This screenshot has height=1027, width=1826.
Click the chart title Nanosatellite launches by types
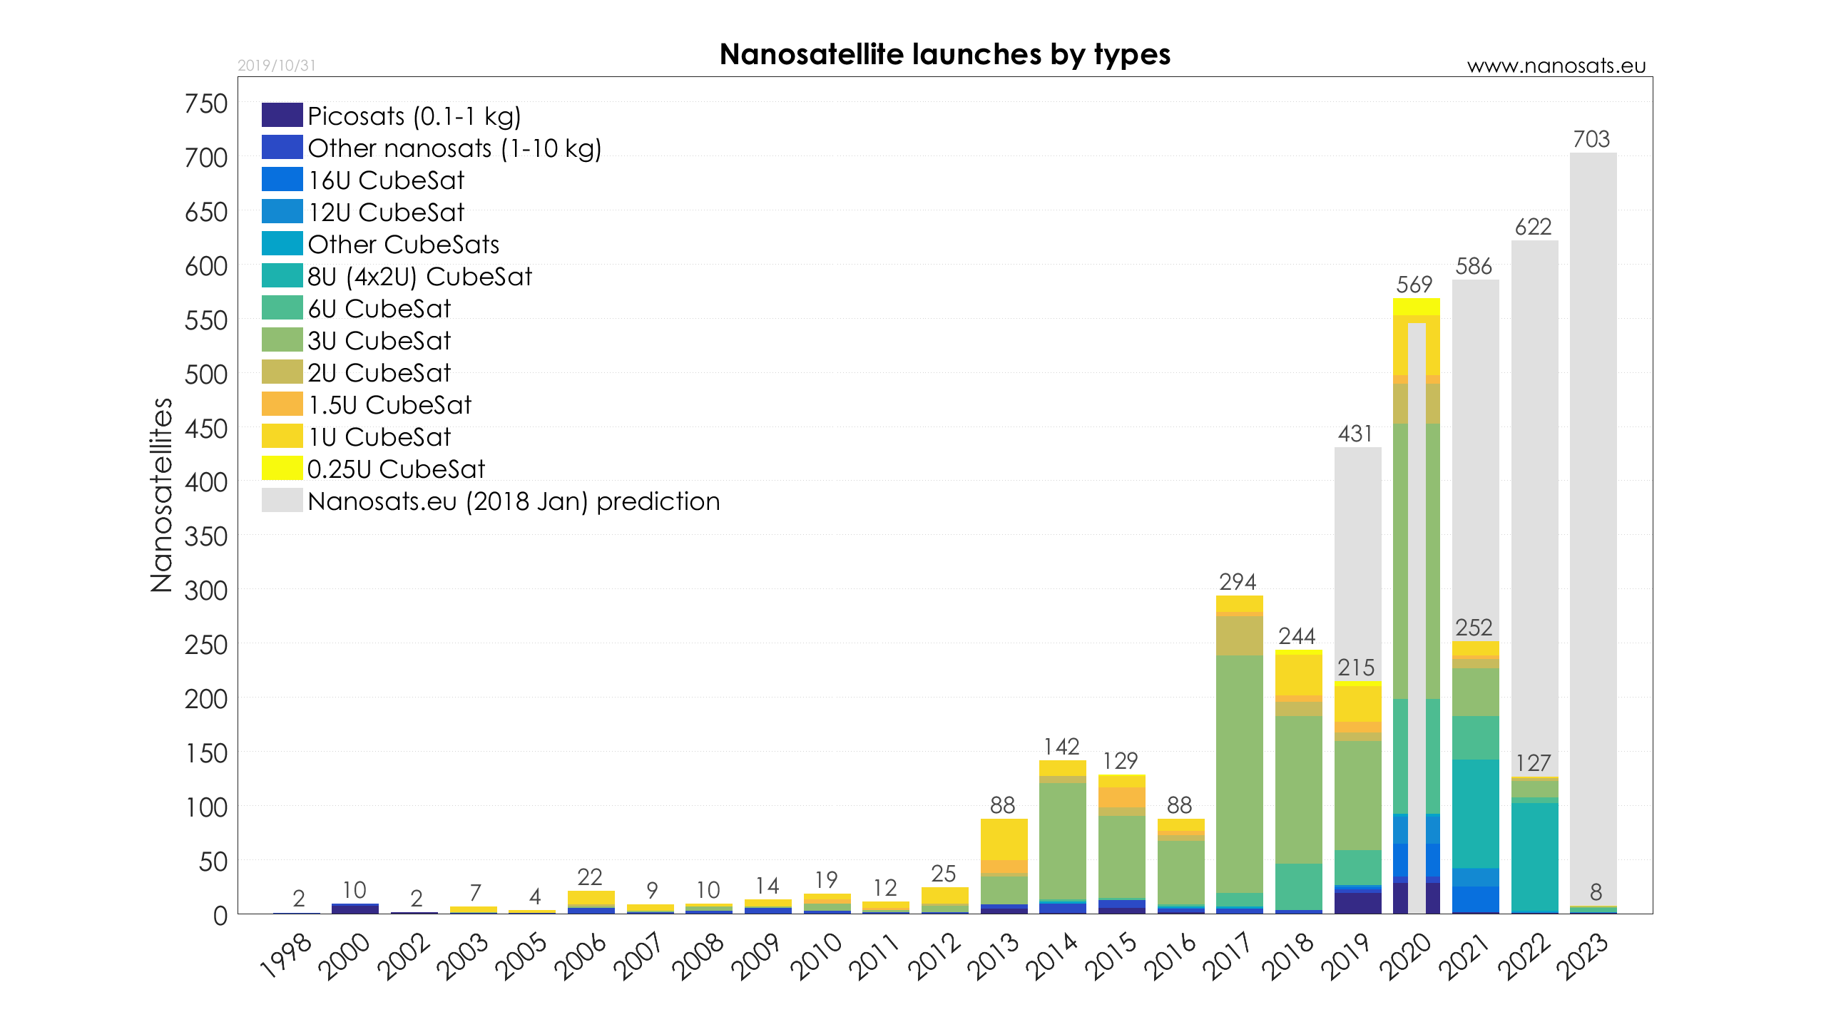click(x=944, y=55)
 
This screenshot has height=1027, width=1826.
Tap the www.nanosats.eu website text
click(x=1556, y=66)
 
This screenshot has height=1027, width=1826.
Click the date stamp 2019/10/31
click(x=277, y=66)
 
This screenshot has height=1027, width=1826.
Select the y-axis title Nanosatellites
click(x=162, y=495)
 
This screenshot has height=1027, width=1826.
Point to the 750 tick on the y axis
click(x=206, y=104)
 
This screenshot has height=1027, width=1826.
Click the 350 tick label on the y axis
click(x=206, y=537)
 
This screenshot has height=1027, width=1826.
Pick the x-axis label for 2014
click(x=1053, y=956)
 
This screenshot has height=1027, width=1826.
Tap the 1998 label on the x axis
click(x=287, y=956)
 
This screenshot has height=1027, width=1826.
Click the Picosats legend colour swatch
click(x=282, y=115)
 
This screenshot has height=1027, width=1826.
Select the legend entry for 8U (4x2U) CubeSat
click(x=419, y=277)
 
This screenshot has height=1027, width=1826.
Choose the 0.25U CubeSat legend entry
click(x=396, y=469)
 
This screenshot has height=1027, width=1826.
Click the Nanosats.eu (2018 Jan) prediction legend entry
click(x=514, y=501)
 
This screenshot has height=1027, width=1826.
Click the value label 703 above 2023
click(x=1591, y=139)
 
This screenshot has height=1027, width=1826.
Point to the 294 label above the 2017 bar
click(x=1238, y=582)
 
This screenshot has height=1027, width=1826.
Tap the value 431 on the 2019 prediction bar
click(x=1355, y=434)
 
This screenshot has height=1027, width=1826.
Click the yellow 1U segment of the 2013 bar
click(x=1004, y=839)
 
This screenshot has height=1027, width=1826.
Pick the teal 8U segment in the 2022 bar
click(x=1534, y=856)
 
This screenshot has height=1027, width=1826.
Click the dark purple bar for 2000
click(x=355, y=909)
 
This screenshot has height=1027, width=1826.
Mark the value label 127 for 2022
click(x=1534, y=764)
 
